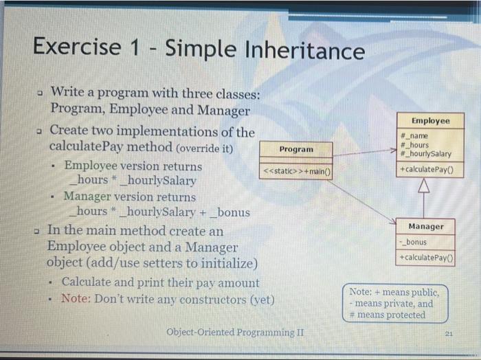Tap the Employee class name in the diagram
click(430, 121)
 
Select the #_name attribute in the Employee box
click(415, 137)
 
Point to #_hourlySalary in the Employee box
click(425, 153)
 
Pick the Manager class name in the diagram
click(426, 227)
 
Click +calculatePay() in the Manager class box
click(427, 258)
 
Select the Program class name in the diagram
click(296, 149)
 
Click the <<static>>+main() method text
click(295, 171)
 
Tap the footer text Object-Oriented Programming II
click(235, 333)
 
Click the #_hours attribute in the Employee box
click(415, 145)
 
